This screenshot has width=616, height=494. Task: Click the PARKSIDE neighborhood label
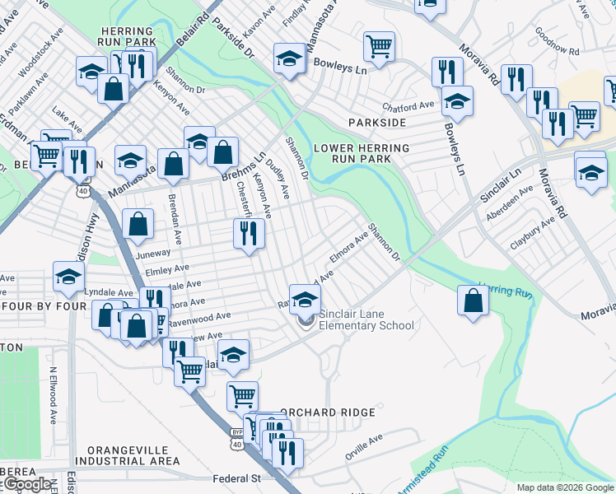[x=377, y=123]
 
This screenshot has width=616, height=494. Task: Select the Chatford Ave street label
[x=408, y=106]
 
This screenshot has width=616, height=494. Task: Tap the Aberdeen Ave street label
[x=511, y=200]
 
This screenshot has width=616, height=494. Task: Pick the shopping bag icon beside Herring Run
[x=474, y=301]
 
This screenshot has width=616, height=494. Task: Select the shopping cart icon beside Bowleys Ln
[x=379, y=46]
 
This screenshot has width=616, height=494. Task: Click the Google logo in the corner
[x=26, y=484]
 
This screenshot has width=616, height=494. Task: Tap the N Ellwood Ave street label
[x=52, y=395]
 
